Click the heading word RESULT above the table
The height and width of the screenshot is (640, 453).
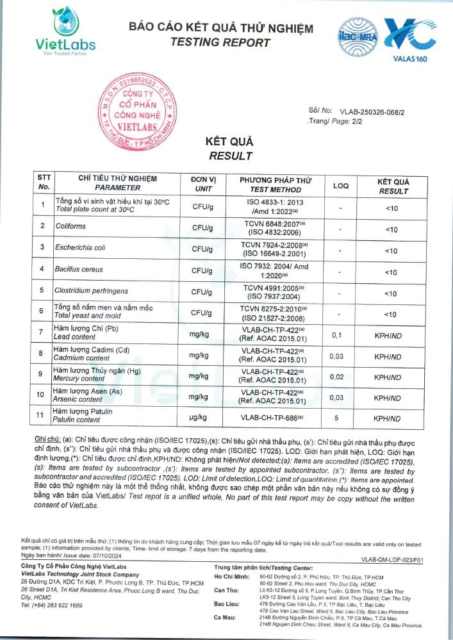[x=231, y=156]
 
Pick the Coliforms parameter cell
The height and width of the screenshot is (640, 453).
[x=71, y=226]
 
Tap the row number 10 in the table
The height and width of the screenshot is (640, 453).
[x=40, y=395]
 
